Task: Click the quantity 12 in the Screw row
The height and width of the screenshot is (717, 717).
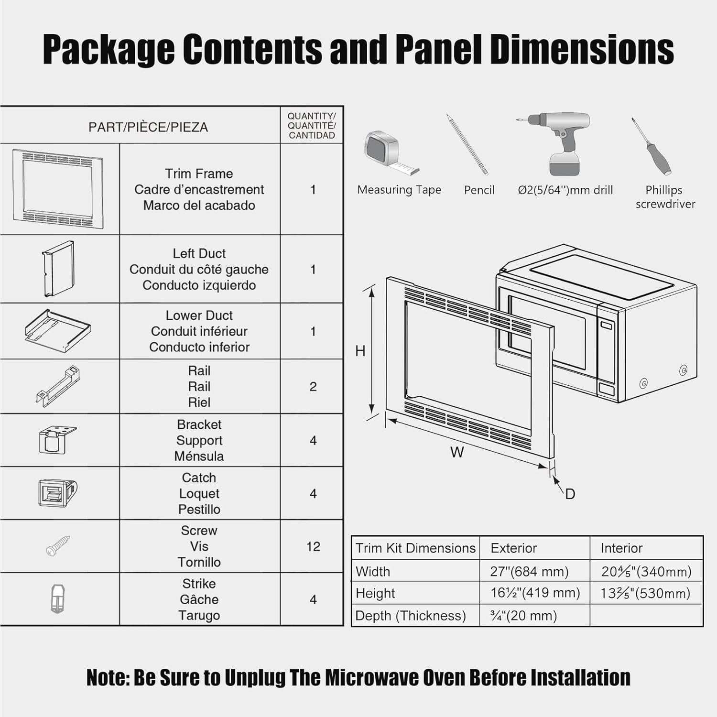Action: [x=313, y=546]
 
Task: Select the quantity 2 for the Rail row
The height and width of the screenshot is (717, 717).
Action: [x=313, y=386]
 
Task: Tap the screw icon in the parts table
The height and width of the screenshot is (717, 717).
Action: [x=58, y=545]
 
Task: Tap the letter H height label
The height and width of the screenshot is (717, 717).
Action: [x=360, y=351]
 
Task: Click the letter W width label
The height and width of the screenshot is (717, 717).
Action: [x=457, y=452]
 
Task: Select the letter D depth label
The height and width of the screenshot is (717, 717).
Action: [x=570, y=494]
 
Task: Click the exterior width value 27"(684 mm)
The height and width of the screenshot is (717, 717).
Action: [x=529, y=571]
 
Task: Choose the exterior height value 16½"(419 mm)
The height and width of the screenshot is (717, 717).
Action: [x=535, y=593]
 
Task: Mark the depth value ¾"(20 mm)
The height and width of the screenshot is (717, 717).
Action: [x=523, y=615]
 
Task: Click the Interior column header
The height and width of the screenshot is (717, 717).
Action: [x=621, y=548]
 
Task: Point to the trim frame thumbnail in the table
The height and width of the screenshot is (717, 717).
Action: [x=58, y=189]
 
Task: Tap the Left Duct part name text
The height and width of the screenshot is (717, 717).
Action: [x=199, y=253]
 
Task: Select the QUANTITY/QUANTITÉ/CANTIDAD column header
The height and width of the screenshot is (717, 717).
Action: [x=312, y=125]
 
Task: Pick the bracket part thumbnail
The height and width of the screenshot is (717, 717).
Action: [x=56, y=439]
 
